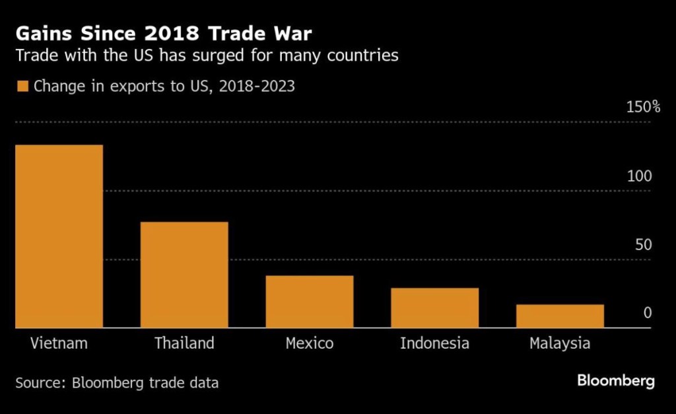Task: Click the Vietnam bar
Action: [x=59, y=236]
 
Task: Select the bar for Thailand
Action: [x=184, y=274]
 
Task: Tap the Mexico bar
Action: [x=310, y=301]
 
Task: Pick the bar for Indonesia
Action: [x=434, y=307]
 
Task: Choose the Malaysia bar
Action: [x=560, y=316]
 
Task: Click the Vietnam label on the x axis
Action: [x=59, y=343]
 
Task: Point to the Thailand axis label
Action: [x=184, y=343]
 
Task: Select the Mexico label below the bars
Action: [x=310, y=343]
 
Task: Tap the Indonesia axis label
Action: [x=434, y=343]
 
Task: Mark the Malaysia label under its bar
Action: [x=560, y=343]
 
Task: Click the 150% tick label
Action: [x=642, y=107]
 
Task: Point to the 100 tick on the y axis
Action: [x=640, y=176]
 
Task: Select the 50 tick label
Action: [x=643, y=245]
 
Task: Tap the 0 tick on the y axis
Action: [x=648, y=313]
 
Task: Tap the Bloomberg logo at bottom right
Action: [x=616, y=381]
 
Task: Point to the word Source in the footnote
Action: [x=37, y=382]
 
